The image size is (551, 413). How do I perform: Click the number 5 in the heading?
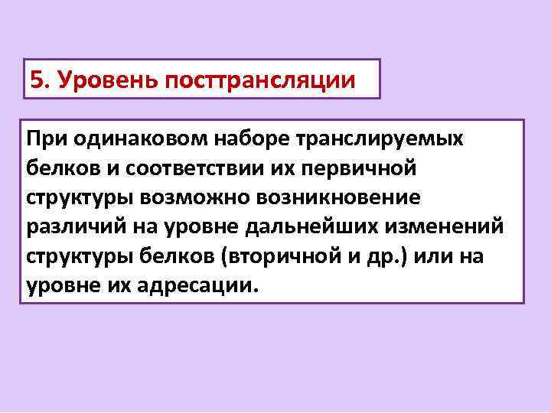[x=35, y=80]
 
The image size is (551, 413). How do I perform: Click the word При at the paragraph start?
[x=45, y=138]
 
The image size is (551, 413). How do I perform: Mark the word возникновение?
[x=337, y=197]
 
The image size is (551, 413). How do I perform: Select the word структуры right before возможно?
[x=80, y=197]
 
